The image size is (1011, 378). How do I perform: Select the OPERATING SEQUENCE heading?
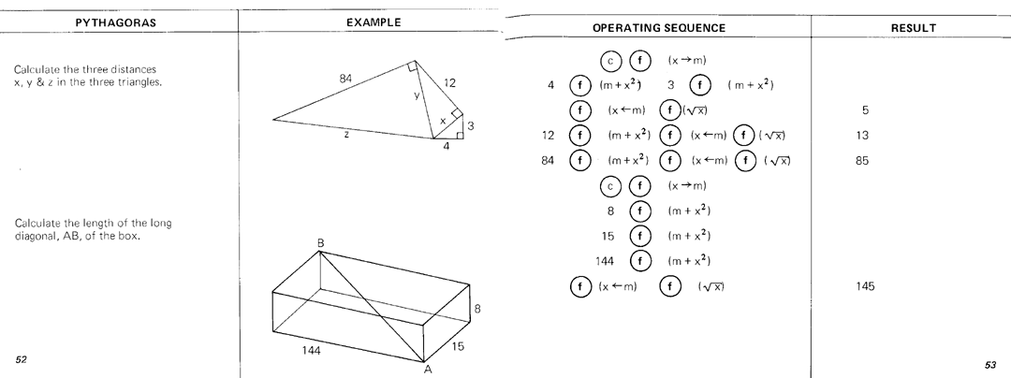point(659,28)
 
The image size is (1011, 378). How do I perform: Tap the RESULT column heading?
point(914,28)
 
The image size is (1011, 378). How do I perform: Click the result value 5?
point(865,110)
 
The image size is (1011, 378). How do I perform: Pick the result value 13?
point(863,136)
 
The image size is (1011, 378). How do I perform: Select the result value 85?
point(863,161)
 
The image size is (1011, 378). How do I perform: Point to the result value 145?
point(865,286)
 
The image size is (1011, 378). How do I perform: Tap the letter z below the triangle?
point(347,135)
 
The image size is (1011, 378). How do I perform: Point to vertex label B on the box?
point(320,243)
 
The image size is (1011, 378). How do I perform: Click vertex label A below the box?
point(428,368)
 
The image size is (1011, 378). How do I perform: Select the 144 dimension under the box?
point(312,350)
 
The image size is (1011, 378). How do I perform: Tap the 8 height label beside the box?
point(477,308)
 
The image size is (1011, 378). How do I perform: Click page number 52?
point(22,360)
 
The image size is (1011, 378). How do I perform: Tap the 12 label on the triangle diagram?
point(449,83)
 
